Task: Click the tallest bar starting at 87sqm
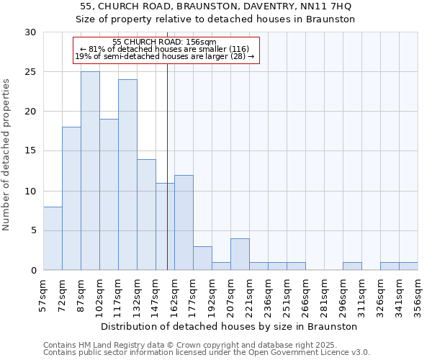(90, 171)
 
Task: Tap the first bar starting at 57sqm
(53, 238)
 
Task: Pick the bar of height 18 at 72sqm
(71, 199)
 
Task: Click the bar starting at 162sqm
(184, 222)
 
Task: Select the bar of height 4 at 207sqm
(240, 254)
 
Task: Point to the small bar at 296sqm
(352, 266)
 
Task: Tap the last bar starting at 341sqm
(408, 266)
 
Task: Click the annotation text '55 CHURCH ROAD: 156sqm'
(164, 42)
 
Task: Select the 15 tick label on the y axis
(30, 151)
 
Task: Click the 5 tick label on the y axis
(33, 230)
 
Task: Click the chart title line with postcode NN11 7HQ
(216, 6)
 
